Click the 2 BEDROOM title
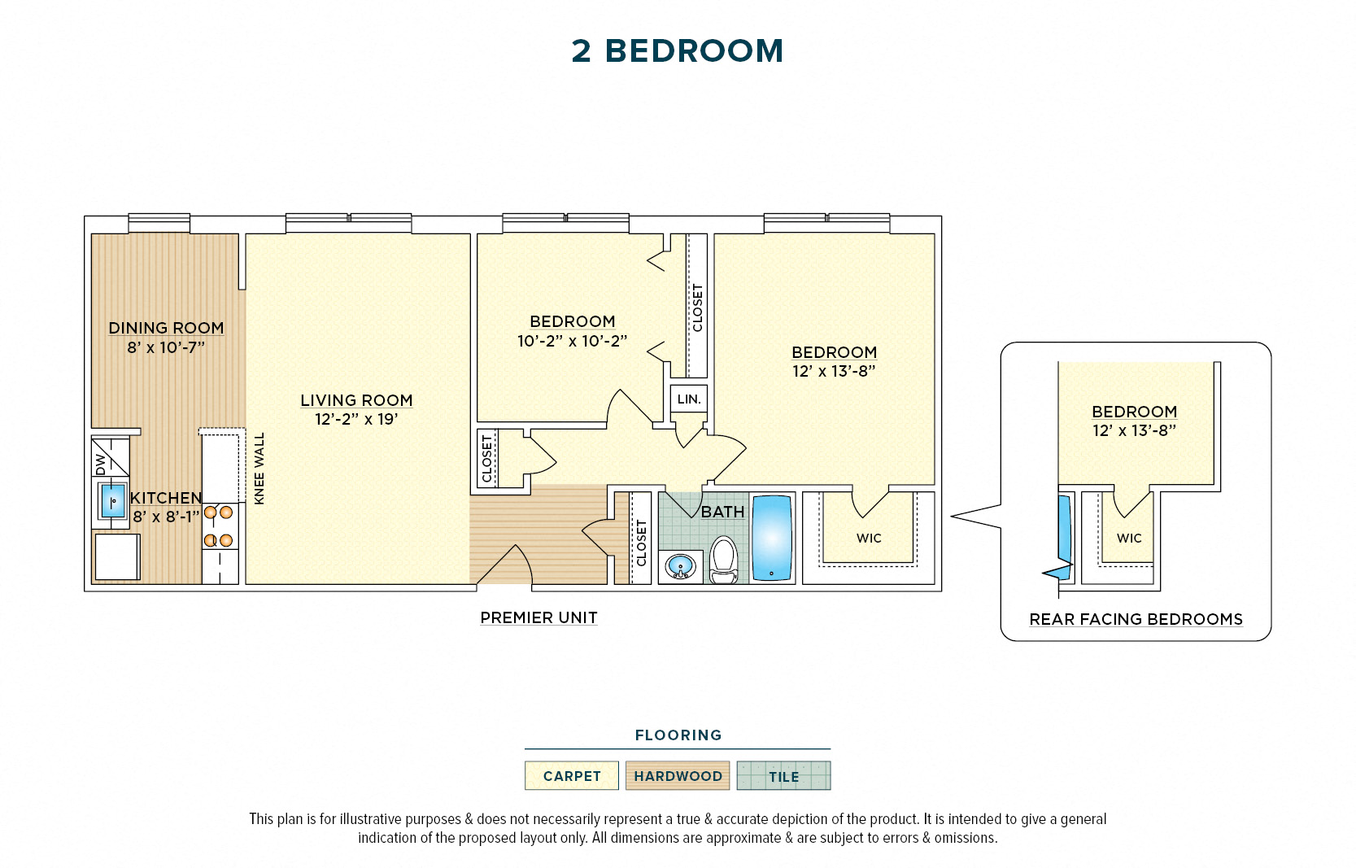click(677, 51)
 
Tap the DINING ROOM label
click(166, 328)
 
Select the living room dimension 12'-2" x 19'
click(356, 420)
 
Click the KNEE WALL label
click(259, 469)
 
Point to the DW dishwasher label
click(101, 465)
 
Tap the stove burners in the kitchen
click(218, 526)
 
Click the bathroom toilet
click(723, 560)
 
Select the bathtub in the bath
click(772, 538)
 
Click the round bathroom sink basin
click(680, 565)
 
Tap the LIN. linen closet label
click(689, 399)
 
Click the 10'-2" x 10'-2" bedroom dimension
click(572, 342)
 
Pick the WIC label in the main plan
click(869, 539)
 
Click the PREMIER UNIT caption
click(538, 618)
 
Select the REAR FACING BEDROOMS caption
click(1136, 620)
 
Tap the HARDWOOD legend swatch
click(678, 776)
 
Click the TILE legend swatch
click(783, 776)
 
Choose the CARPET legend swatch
click(572, 776)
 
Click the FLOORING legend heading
click(678, 735)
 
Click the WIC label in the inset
click(1129, 539)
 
